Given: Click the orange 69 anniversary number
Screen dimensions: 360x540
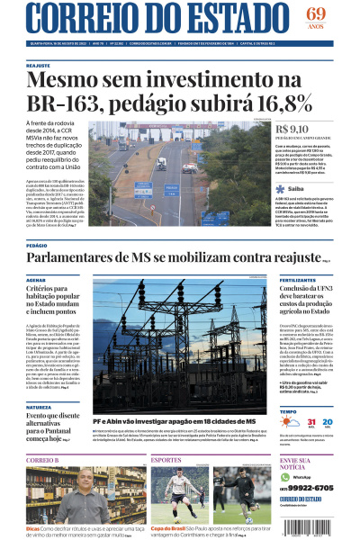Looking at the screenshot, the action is (x=316, y=13).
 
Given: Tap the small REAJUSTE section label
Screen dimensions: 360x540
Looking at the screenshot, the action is (x=39, y=66).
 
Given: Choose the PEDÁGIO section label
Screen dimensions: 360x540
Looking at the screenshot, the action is (x=37, y=245).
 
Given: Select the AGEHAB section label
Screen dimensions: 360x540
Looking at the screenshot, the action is (x=37, y=281).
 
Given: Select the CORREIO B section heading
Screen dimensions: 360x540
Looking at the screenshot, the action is (x=42, y=460).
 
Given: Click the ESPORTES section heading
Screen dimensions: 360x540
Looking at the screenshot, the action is (x=166, y=460).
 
